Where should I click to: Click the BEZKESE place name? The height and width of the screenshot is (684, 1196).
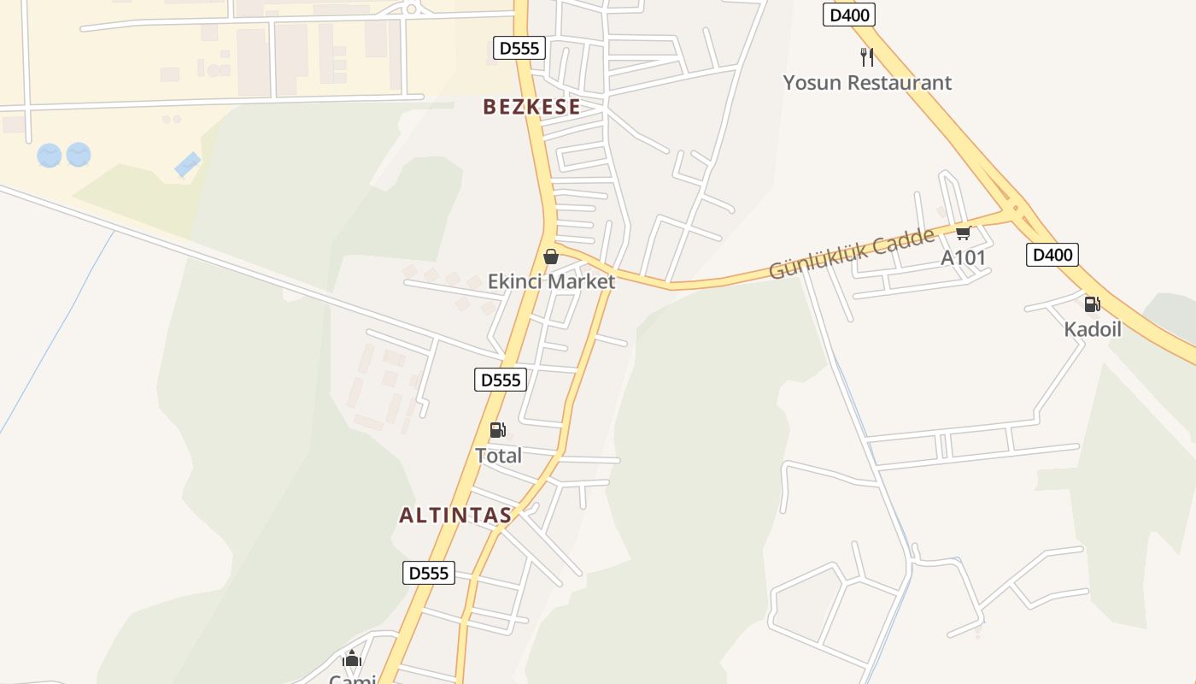[531, 107]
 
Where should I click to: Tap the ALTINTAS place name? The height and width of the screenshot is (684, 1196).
[455, 515]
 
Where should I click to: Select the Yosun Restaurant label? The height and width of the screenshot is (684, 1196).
[867, 83]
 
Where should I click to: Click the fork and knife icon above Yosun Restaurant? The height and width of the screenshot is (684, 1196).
[867, 57]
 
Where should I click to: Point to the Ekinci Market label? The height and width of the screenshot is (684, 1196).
[551, 281]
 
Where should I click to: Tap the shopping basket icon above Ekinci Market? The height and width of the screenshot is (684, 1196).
[551, 256]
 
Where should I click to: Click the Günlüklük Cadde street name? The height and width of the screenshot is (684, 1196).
[851, 254]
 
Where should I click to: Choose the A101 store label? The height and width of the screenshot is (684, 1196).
[963, 257]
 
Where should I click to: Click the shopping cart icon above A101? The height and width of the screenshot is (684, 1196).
[963, 233]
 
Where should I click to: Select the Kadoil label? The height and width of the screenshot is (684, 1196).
[1092, 329]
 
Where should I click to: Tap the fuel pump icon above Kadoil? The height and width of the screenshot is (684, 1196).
[1092, 304]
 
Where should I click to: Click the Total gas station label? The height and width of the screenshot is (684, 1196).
[498, 456]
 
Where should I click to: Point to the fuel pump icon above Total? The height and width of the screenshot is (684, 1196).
[497, 430]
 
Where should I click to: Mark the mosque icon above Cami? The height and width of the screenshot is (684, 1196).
[352, 659]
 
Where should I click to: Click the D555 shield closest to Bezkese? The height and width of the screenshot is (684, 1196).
[519, 48]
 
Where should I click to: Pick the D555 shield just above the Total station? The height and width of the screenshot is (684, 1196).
[501, 380]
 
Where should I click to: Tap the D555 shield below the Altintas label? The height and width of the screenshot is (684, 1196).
[429, 573]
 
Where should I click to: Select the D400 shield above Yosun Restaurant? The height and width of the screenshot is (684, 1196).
[849, 15]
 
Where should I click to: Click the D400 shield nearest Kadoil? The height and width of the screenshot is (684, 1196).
[1052, 255]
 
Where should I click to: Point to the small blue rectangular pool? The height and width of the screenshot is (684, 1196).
[188, 164]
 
